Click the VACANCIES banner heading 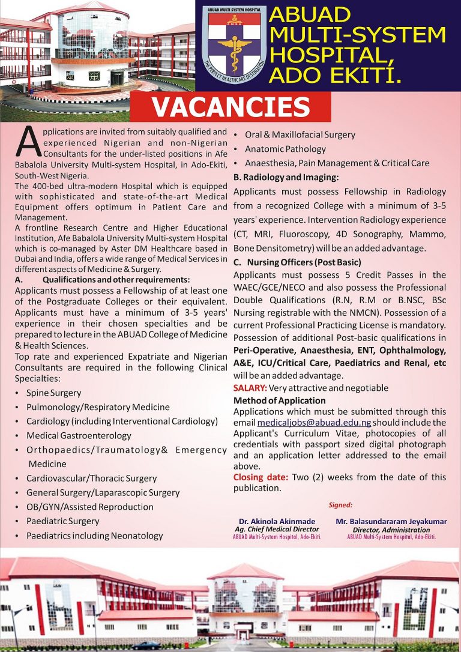(230, 107)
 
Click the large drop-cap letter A (28, 142)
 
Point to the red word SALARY (250, 388)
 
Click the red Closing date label (261, 477)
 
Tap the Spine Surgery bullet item (53, 393)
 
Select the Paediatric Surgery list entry (62, 521)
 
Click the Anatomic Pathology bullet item (285, 149)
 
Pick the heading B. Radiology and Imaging (286, 177)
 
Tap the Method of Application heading (279, 400)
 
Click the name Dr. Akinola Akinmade (277, 522)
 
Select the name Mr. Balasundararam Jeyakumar (391, 522)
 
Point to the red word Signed (341, 506)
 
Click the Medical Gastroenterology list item (79, 435)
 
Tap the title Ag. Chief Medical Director (277, 530)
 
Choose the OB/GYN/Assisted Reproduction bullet (90, 507)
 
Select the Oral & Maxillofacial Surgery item (300, 134)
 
